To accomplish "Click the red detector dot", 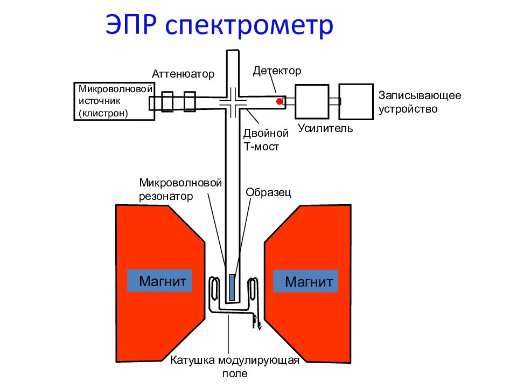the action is point(280,101).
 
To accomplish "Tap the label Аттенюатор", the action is point(183,74).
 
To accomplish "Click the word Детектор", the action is point(277,71).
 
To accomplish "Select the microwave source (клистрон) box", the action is point(114,101).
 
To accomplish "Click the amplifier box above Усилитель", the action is point(312,102).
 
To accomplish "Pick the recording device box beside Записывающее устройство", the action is point(356,102).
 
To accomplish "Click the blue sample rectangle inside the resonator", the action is point(232,287).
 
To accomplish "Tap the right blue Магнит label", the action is point(306,281).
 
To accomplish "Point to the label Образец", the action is point(268,192).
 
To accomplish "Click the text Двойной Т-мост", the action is point(266,140).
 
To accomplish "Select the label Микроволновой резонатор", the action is point(180,189).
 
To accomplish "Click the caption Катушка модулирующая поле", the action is point(235,366).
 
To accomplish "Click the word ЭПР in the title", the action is point(130,24).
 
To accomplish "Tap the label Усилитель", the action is point(325,128).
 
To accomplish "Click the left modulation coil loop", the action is point(214,289).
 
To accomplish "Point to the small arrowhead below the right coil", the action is point(260,327).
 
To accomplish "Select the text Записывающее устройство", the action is point(420,102).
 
